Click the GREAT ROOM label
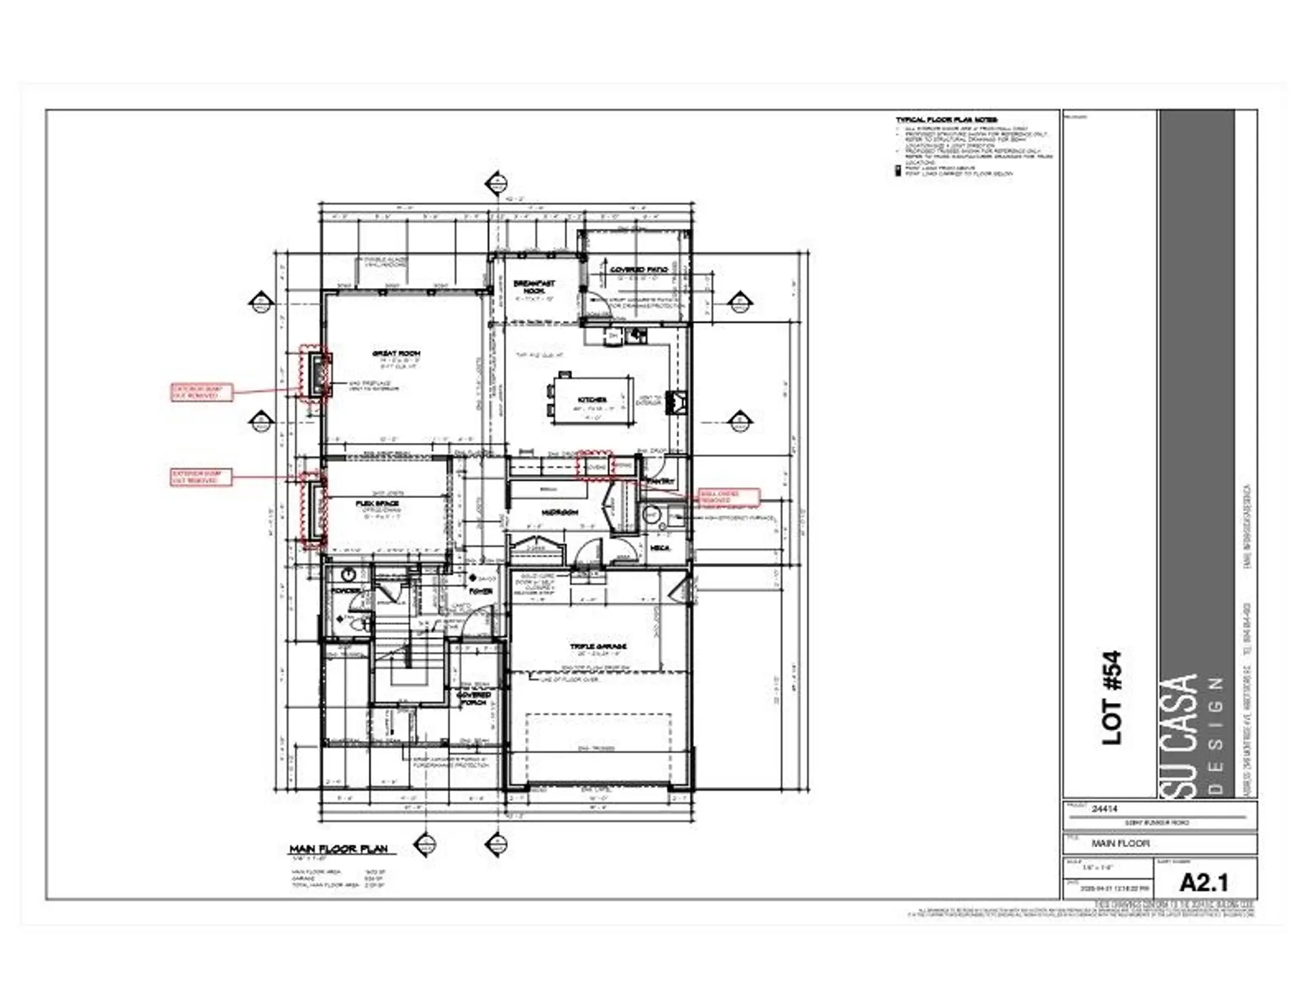[x=396, y=354]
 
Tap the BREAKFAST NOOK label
[x=534, y=287]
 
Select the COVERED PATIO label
[x=638, y=270]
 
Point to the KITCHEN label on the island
[x=592, y=399]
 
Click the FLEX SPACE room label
[x=378, y=503]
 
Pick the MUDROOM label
[x=560, y=512]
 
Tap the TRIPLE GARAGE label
[x=598, y=646]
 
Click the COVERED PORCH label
[x=473, y=698]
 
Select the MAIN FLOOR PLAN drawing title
[x=338, y=849]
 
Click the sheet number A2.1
[x=1203, y=882]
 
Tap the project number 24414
[x=1104, y=809]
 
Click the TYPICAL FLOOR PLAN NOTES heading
[x=946, y=120]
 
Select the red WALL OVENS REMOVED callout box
[x=729, y=497]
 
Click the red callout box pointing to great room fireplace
[x=201, y=392]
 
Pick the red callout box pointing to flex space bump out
[x=201, y=477]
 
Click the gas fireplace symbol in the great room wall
[x=317, y=375]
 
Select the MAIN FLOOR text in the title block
[x=1120, y=843]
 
